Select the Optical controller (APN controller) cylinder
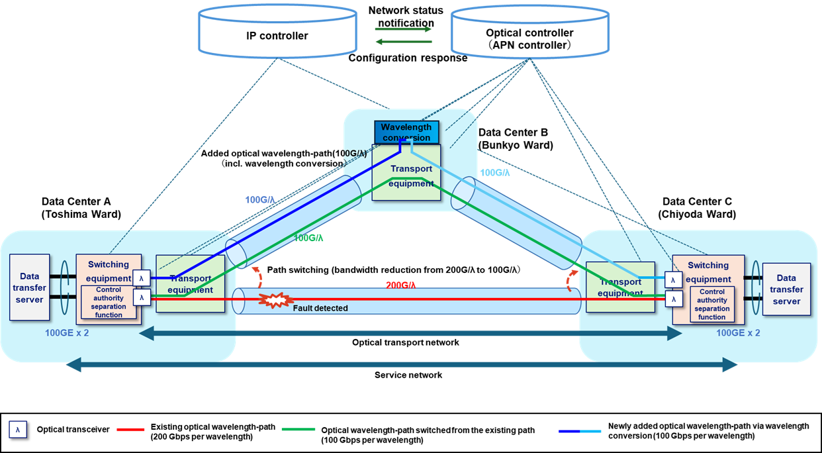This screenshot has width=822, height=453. point(529,34)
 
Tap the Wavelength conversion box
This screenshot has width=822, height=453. point(406,132)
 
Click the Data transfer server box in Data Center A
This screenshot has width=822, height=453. point(29,288)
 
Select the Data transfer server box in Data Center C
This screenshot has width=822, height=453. point(786,289)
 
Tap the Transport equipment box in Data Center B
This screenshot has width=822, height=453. point(410,176)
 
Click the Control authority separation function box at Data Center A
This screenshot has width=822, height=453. point(109,302)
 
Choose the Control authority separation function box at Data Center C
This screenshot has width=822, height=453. point(712,304)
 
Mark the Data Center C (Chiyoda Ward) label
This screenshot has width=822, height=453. point(698,207)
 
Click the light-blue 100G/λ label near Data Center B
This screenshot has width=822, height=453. point(494,172)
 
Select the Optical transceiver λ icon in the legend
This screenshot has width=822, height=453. point(19,430)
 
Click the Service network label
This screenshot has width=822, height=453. point(408,375)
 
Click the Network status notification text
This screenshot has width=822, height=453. point(405,17)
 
